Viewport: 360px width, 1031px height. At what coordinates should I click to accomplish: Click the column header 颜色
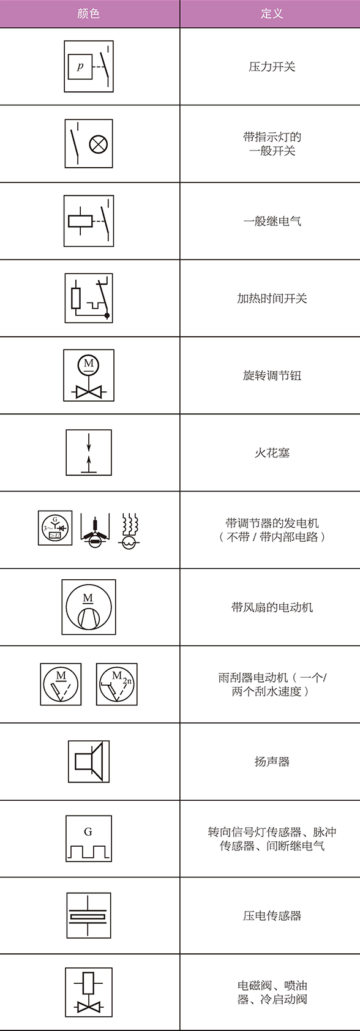click(x=89, y=13)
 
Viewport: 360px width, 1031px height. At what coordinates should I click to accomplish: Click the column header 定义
click(x=271, y=13)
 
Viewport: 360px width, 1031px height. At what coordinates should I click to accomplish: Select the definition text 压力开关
click(x=271, y=67)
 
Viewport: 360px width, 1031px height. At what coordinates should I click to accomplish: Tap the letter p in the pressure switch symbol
click(x=80, y=66)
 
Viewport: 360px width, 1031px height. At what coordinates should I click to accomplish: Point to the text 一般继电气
click(x=271, y=221)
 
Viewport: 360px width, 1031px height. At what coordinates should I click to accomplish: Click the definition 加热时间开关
click(x=271, y=298)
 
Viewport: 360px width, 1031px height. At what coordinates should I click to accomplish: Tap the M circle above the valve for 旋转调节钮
click(x=89, y=365)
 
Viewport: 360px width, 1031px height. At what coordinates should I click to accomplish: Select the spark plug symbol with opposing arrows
click(x=89, y=452)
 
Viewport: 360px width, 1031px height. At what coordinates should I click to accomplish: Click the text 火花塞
click(x=271, y=452)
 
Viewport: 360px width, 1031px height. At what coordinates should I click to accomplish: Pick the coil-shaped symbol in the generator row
click(x=129, y=530)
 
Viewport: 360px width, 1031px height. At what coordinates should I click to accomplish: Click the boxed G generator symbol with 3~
click(x=55, y=528)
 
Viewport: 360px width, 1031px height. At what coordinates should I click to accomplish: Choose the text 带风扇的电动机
click(x=271, y=607)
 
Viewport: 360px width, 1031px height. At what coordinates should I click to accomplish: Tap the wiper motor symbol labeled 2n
click(x=117, y=684)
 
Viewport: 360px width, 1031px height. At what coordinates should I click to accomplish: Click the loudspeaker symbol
click(x=89, y=761)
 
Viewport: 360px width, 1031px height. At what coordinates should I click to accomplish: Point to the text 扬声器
click(x=271, y=762)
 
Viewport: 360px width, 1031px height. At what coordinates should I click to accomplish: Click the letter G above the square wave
click(x=88, y=831)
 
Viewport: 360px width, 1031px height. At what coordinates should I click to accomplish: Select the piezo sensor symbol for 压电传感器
click(x=89, y=916)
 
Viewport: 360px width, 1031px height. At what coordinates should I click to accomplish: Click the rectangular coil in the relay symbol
click(x=80, y=221)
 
